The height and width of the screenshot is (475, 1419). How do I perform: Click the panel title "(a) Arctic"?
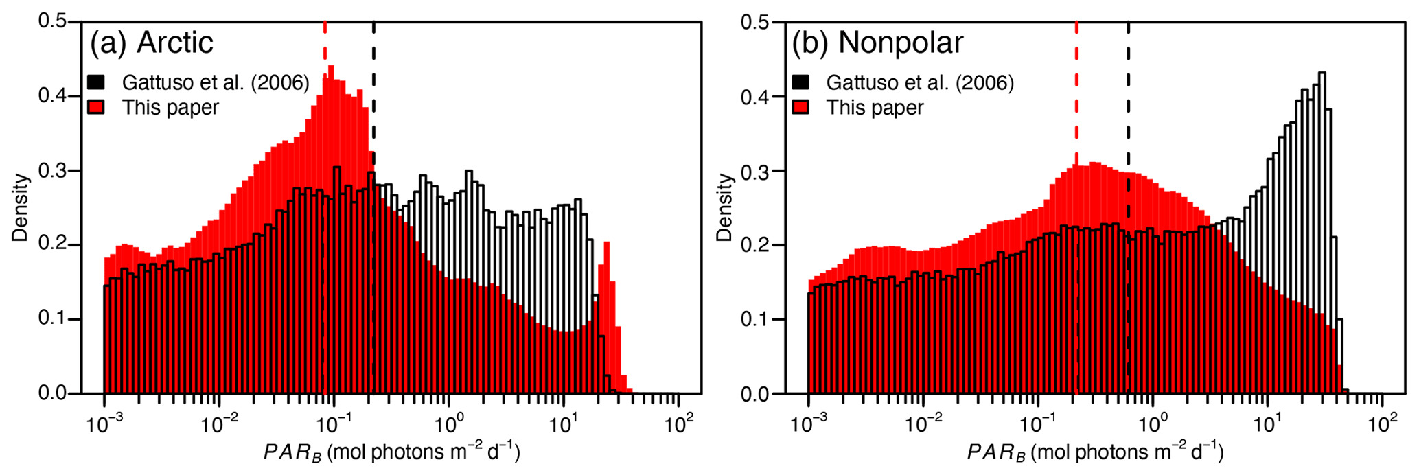(152, 43)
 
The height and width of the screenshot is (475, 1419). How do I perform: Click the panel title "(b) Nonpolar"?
(877, 43)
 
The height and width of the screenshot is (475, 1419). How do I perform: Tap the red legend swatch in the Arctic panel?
(96, 108)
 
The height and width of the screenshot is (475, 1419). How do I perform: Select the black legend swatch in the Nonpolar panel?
(800, 82)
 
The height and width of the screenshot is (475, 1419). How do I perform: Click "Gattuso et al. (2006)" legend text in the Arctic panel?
(216, 83)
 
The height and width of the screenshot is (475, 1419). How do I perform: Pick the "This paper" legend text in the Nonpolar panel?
(875, 108)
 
